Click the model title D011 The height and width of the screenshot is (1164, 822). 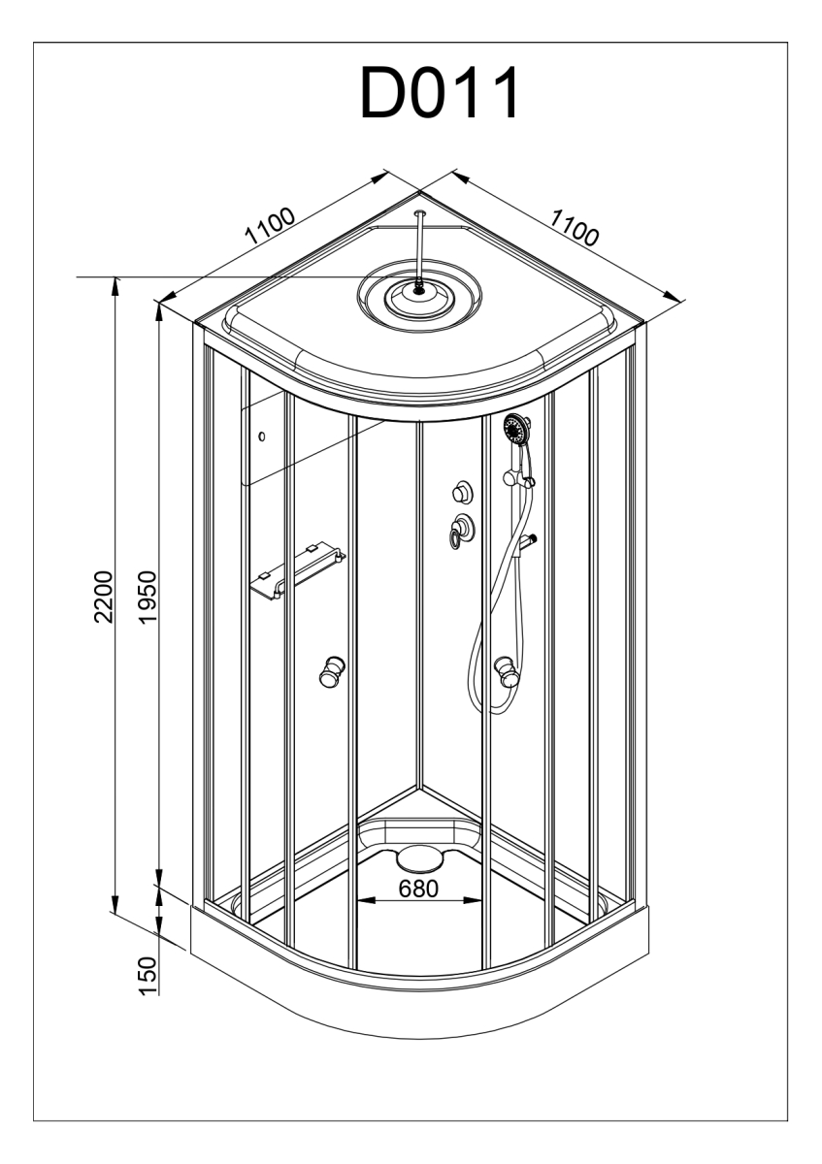tap(440, 93)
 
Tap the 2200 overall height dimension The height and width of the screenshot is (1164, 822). tap(104, 597)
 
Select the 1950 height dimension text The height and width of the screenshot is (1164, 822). tap(148, 597)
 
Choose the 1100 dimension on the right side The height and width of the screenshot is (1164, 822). tap(574, 227)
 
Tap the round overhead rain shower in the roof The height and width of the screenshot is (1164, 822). tap(419, 295)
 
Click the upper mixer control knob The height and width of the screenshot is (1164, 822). tap(462, 491)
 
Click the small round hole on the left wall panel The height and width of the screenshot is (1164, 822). tap(261, 436)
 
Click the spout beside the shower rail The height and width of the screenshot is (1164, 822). tap(526, 541)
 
